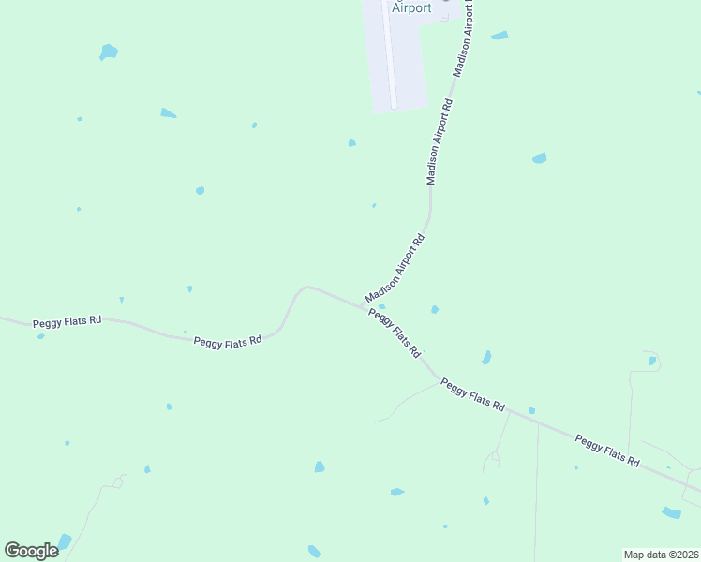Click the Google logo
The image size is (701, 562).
pyautogui.click(x=31, y=551)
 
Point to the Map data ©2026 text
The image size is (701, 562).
pyautogui.click(x=660, y=554)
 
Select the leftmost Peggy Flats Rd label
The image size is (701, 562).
pyautogui.click(x=67, y=322)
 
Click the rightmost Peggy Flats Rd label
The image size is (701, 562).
pyautogui.click(x=606, y=451)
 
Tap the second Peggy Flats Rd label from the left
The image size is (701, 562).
pyautogui.click(x=227, y=343)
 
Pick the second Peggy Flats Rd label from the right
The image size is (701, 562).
pyautogui.click(x=472, y=394)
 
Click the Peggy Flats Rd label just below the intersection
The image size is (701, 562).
pyautogui.click(x=394, y=333)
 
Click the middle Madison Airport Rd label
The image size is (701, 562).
pyautogui.click(x=440, y=141)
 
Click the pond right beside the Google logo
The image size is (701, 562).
pyautogui.click(x=64, y=541)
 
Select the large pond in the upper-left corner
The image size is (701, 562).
pyautogui.click(x=109, y=52)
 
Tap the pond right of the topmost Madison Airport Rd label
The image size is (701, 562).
pyautogui.click(x=500, y=36)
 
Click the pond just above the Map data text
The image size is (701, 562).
pyautogui.click(x=671, y=512)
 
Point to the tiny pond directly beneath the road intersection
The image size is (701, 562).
pyautogui.click(x=381, y=306)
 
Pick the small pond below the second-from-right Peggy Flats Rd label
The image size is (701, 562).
pyautogui.click(x=531, y=410)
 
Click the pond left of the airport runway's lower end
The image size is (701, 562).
pyautogui.click(x=351, y=143)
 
